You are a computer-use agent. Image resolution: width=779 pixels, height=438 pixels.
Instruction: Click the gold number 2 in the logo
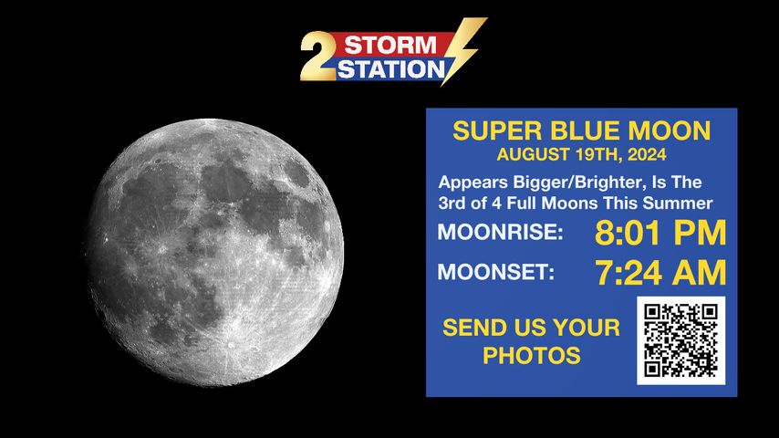(318, 56)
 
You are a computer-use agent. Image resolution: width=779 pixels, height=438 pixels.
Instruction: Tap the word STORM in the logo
(390, 46)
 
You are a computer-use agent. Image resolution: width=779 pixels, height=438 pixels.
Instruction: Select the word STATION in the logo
(390, 69)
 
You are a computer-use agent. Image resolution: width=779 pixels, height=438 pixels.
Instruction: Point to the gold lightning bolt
(463, 49)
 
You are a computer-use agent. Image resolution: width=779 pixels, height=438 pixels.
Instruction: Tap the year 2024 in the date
(647, 154)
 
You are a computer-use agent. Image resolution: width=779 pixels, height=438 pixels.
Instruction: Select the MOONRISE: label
(500, 232)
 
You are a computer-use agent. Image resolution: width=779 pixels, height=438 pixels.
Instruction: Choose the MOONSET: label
(496, 272)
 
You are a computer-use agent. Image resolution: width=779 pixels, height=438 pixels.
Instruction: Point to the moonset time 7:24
(629, 273)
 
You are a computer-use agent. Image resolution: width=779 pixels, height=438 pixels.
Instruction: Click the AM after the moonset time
(700, 273)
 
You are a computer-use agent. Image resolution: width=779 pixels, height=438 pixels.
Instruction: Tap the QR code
(680, 340)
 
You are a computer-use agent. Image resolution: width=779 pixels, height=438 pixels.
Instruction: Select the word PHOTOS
(532, 356)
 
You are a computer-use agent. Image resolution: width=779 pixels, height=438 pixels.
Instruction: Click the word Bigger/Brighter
(578, 182)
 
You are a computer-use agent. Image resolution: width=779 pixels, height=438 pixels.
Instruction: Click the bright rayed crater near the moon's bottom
(230, 344)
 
